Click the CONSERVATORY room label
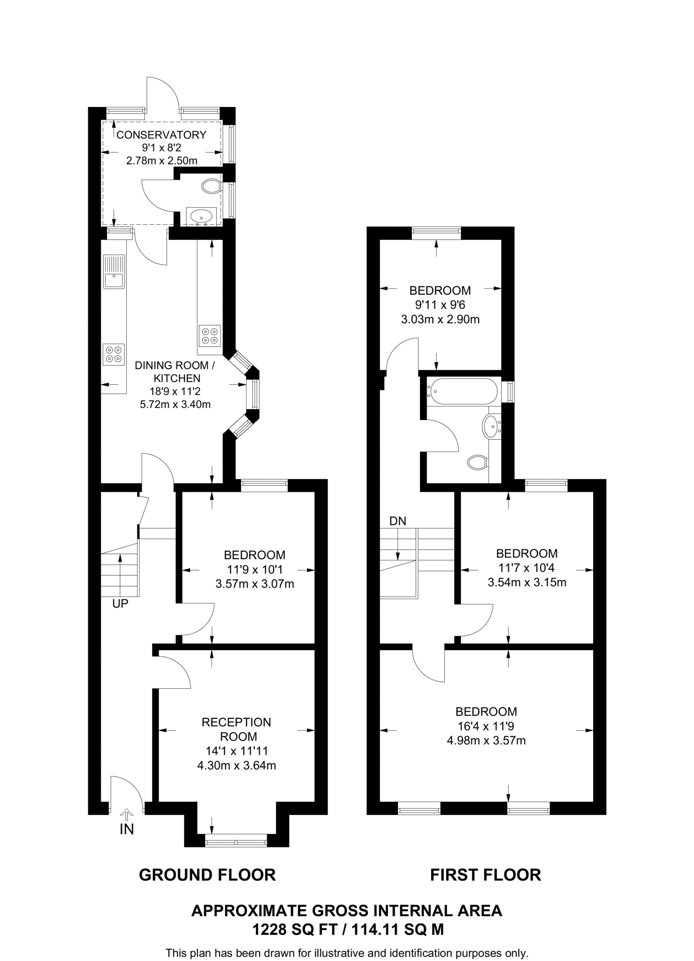(161, 135)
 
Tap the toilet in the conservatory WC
(211, 186)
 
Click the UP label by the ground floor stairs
(120, 604)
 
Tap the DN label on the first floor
(397, 521)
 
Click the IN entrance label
(127, 830)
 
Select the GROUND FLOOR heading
(207, 875)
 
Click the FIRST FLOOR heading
(486, 875)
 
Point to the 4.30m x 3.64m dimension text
(236, 766)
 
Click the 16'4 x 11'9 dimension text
(486, 726)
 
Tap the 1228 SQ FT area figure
(295, 930)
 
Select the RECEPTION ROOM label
(236, 729)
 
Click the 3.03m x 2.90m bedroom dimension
(440, 320)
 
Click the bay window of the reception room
(236, 840)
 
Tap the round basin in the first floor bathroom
(491, 427)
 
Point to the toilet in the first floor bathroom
(478, 462)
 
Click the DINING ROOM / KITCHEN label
(175, 372)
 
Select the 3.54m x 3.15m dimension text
(527, 583)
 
